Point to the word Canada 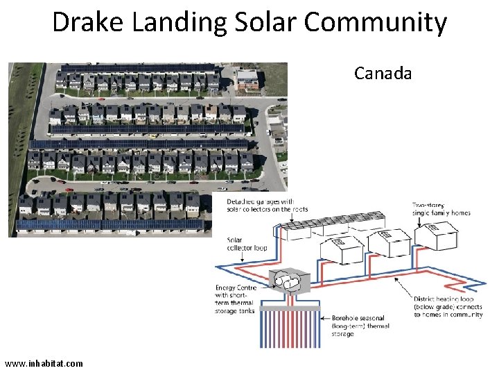click(x=383, y=73)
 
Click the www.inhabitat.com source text click(x=44, y=363)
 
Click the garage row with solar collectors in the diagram click(x=319, y=226)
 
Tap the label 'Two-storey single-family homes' click(x=441, y=208)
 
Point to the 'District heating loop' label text click(x=448, y=306)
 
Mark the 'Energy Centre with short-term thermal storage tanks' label click(x=236, y=299)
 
